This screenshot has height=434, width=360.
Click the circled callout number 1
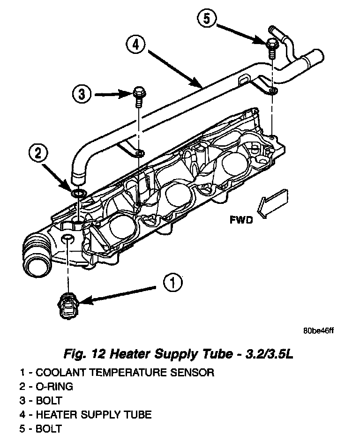click(x=172, y=283)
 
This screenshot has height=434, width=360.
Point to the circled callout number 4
click(x=136, y=45)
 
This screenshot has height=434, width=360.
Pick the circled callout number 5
click(x=208, y=20)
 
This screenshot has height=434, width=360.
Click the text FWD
click(x=241, y=220)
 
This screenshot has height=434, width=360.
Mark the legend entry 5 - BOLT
click(x=41, y=428)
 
